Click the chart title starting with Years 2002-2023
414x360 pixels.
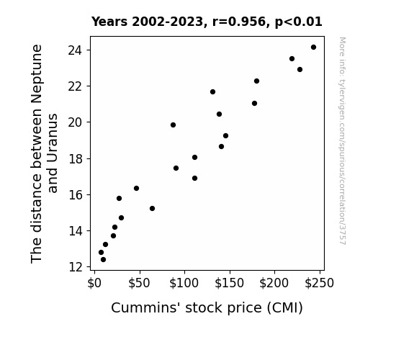point(207,22)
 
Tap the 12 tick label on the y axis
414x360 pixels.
point(76,267)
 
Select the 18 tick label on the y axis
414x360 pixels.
point(76,158)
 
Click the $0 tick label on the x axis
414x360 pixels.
point(94,283)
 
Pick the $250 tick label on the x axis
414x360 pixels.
point(320,283)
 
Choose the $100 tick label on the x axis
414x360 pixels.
point(184,283)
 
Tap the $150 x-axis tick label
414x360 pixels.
point(229,283)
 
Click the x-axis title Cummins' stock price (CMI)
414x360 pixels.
point(207,308)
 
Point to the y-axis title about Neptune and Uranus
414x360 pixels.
point(44,153)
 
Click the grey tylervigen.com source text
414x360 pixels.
point(342,141)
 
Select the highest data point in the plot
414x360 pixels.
point(313,48)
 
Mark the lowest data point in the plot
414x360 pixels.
point(103,260)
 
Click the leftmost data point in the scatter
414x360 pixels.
point(101,253)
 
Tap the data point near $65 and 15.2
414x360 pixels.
point(152,208)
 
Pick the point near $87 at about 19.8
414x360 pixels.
point(174,125)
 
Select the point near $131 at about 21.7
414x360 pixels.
point(213,92)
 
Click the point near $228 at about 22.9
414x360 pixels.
point(300,69)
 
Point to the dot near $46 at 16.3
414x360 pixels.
point(136,189)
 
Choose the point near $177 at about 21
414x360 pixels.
point(255,103)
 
